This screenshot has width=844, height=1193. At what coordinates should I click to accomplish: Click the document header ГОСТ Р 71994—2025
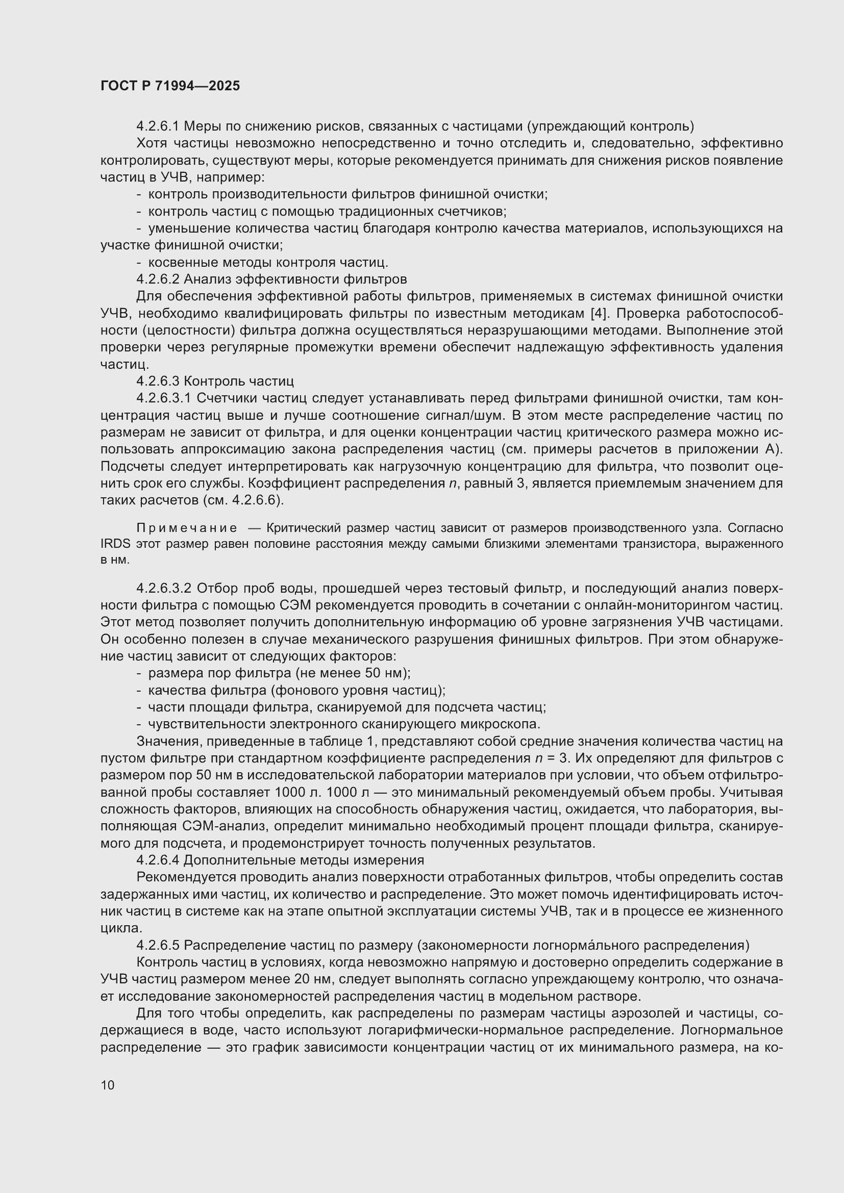pyautogui.click(x=170, y=86)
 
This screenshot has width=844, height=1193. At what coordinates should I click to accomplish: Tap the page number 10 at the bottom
pyautogui.click(x=108, y=1085)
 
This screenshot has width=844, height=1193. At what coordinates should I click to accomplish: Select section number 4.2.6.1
pyautogui.click(x=158, y=126)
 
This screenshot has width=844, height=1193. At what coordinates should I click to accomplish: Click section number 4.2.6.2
pyautogui.click(x=158, y=279)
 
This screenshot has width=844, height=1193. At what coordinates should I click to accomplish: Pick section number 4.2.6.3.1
pyautogui.click(x=164, y=398)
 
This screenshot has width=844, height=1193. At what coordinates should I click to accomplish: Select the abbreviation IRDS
pyautogui.click(x=115, y=544)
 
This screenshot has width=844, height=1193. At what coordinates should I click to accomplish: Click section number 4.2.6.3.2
pyautogui.click(x=164, y=588)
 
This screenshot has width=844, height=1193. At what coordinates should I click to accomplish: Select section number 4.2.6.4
pyautogui.click(x=158, y=860)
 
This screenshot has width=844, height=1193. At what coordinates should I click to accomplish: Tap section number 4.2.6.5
pyautogui.click(x=158, y=945)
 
